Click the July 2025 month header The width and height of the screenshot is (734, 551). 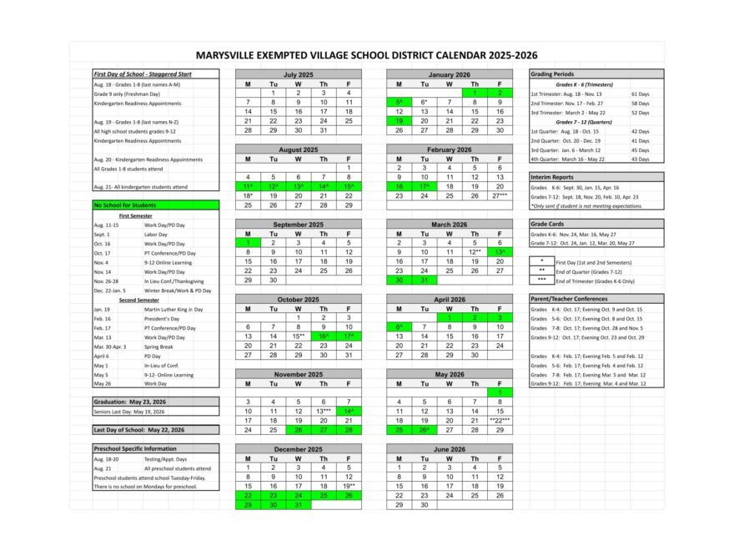(298, 74)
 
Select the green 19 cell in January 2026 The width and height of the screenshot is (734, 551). (399, 121)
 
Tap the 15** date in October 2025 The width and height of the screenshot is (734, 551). (298, 336)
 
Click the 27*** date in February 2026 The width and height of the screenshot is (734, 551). (500, 195)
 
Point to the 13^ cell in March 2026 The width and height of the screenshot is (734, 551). (500, 251)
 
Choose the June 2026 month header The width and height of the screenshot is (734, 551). (449, 448)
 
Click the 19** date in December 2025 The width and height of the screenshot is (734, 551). (348, 486)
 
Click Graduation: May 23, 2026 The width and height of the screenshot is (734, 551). (130, 402)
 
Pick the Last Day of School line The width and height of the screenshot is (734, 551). (139, 429)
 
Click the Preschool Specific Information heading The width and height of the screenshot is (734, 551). (136, 448)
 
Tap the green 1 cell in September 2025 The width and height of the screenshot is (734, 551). (248, 242)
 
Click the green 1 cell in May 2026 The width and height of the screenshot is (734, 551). (500, 392)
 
